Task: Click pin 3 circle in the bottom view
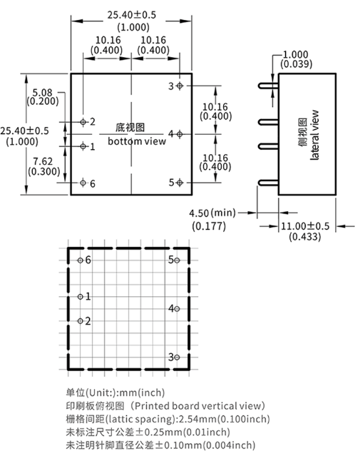pos(180,86)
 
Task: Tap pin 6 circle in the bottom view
pos(83,183)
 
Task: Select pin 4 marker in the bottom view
pos(180,134)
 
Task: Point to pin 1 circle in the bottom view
pos(83,146)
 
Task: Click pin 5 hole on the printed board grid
pos(177,260)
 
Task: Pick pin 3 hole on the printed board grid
pos(177,358)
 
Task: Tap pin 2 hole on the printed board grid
pos(81,321)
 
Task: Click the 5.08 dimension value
pos(43,93)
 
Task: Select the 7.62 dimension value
pos(43,161)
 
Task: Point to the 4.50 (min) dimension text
pos(212,213)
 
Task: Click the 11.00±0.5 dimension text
pos(305,226)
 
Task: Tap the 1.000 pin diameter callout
pos(296,54)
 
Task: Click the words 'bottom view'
pos(137,141)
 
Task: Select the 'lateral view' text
pos(315,135)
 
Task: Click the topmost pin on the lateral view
pos(268,86)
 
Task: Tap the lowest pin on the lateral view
pos(268,183)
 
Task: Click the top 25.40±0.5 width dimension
pos(132,15)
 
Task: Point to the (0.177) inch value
pos(209,226)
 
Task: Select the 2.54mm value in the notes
pos(197,419)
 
